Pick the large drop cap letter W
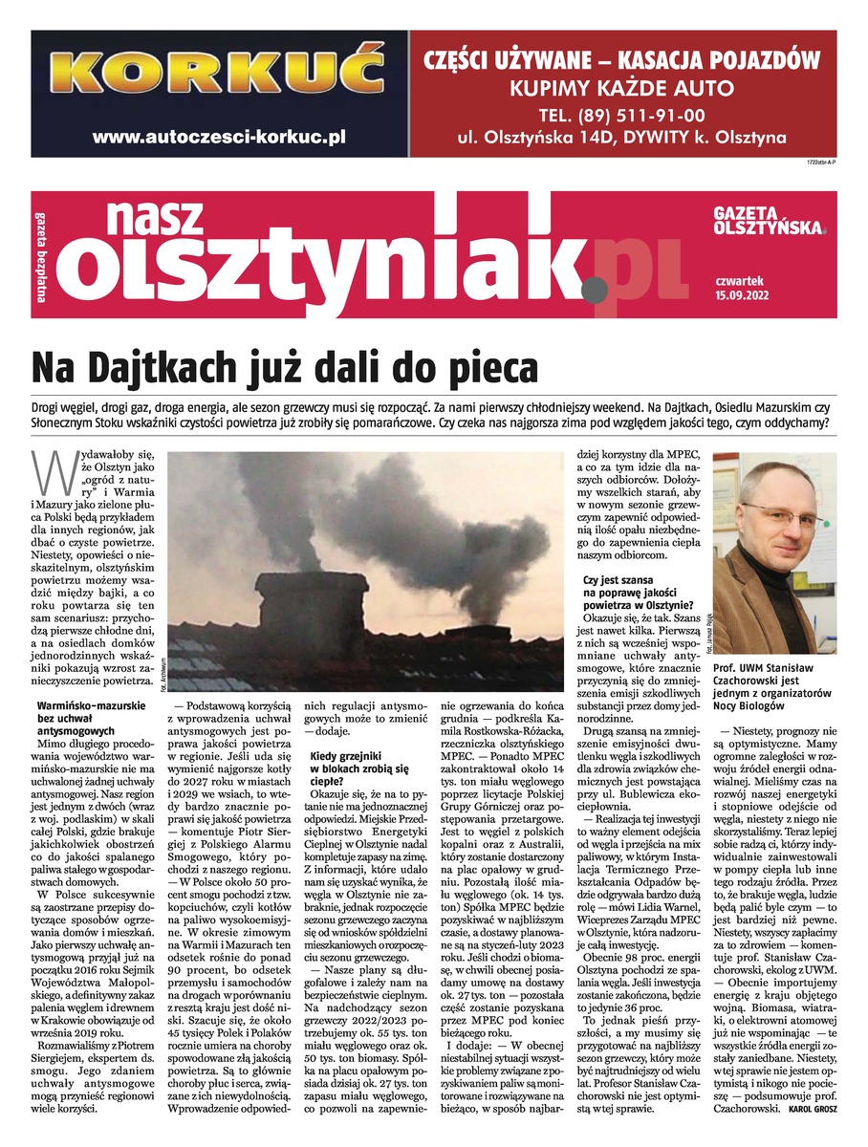click(x=46, y=469)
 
